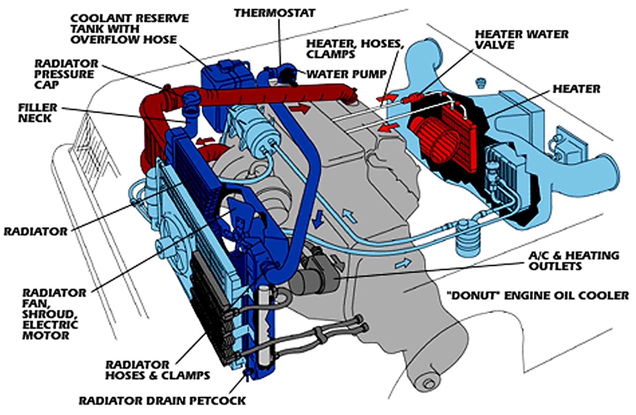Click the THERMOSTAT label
tap(275, 12)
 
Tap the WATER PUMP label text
tap(346, 75)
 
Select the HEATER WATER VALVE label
tap(522, 40)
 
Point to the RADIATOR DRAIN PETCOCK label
tap(162, 400)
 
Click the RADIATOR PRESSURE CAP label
tap(66, 74)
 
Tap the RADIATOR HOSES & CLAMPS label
tap(157, 370)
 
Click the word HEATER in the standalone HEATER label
tap(577, 89)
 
